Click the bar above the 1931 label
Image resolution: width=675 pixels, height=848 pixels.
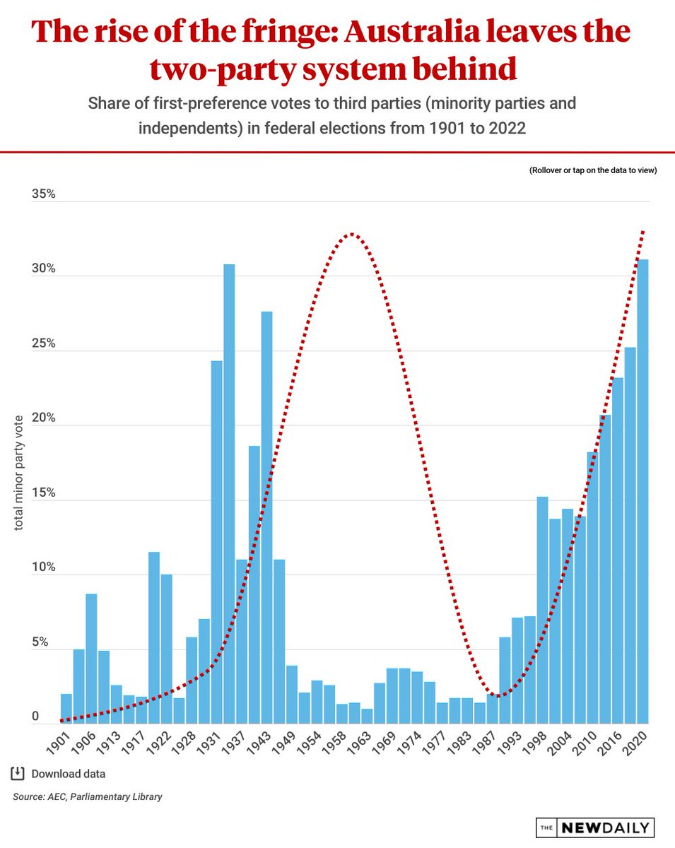coord(216,542)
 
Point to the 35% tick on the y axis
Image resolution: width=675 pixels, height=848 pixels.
coord(43,194)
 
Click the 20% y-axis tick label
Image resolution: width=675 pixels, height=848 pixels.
coord(43,418)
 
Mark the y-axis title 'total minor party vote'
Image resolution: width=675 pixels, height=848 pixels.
coord(18,473)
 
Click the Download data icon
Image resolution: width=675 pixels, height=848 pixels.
coord(18,774)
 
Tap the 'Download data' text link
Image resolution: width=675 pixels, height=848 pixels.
coord(69,774)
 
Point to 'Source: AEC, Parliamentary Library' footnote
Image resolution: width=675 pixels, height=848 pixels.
coord(87,796)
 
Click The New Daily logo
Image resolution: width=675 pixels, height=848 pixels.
coord(595,827)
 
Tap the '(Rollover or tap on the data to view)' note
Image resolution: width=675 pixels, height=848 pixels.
coord(593,170)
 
